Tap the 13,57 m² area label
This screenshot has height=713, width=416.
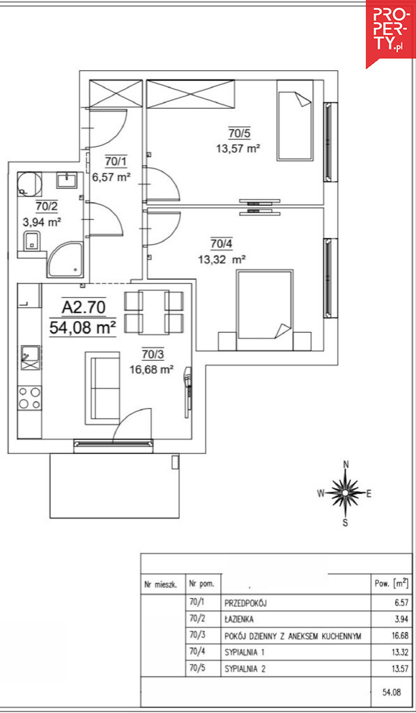[x=240, y=148]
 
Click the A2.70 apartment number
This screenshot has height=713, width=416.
[x=84, y=308]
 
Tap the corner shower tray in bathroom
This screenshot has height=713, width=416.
[x=65, y=260]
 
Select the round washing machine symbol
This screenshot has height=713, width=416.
[x=29, y=184]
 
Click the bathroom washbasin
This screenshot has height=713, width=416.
[x=67, y=180]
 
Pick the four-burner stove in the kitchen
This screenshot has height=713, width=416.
[x=29, y=398]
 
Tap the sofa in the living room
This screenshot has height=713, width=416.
[x=106, y=388]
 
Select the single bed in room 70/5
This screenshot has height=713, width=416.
[x=295, y=120]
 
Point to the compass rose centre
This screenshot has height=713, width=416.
[x=346, y=493]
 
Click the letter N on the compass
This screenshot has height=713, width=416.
[x=346, y=464]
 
